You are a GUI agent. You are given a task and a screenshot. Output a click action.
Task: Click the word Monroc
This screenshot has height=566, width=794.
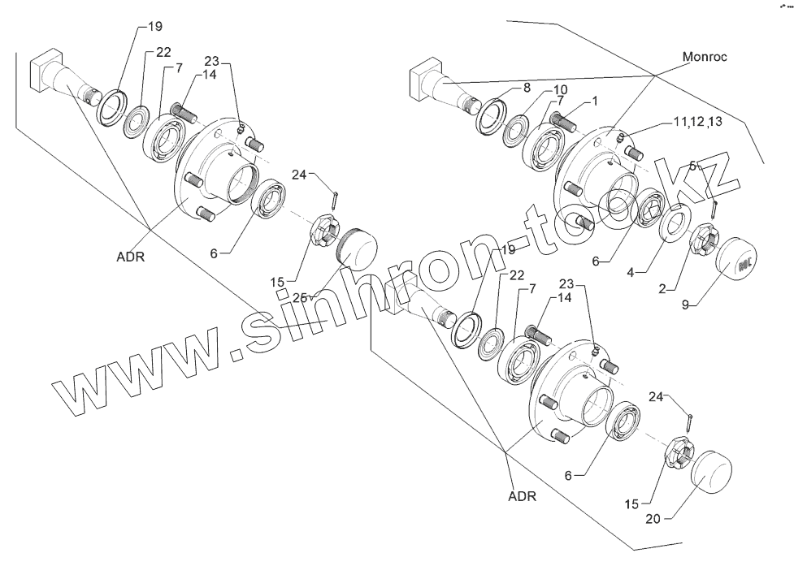pos(705,58)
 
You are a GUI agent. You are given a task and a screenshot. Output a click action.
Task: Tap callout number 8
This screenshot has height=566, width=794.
pos(527,87)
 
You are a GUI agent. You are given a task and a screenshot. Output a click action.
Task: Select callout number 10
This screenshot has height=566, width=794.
pos(560,89)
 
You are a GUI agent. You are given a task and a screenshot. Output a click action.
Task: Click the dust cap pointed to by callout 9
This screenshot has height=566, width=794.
pos(736,258)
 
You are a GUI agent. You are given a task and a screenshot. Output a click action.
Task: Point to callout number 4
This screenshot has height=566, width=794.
pos(631,274)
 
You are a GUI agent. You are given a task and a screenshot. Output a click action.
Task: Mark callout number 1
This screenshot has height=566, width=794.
pos(596,102)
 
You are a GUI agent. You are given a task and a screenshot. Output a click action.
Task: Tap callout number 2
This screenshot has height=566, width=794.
pos(662,287)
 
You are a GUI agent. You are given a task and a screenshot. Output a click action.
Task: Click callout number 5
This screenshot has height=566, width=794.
pos(693,166)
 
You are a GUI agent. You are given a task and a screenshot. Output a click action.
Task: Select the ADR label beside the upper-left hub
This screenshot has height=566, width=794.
pos(131,257)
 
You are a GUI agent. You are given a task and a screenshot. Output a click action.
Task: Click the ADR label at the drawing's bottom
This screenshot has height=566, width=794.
pos(522,495)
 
